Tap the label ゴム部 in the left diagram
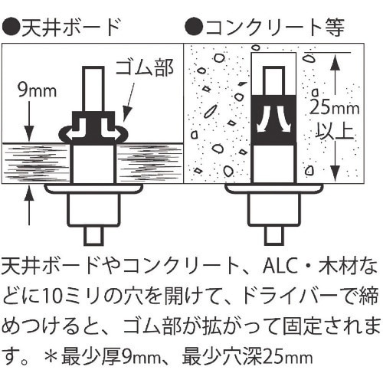[145, 68]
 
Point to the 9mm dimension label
[38, 90]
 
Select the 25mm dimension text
[335, 108]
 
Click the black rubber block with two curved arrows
[273, 120]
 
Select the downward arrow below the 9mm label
[30, 121]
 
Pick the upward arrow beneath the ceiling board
[30, 205]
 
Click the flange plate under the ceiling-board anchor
[93, 189]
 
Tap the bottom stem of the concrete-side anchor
[273, 234]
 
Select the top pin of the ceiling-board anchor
[93, 90]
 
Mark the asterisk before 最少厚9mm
[51, 355]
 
